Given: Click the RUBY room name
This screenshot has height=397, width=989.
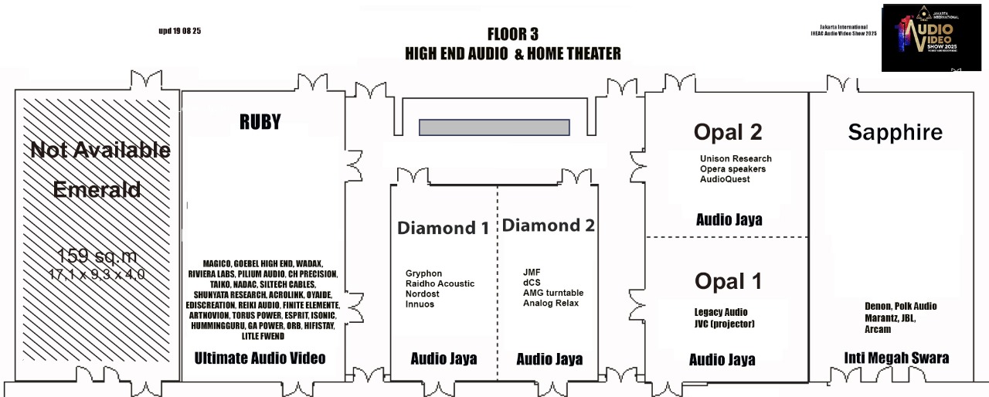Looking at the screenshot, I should pyautogui.click(x=260, y=122).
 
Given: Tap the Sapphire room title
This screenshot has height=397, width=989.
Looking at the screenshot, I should pyautogui.click(x=895, y=132).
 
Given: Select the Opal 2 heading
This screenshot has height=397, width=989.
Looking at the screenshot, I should pyautogui.click(x=728, y=132).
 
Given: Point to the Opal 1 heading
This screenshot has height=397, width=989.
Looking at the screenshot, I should pyautogui.click(x=728, y=281).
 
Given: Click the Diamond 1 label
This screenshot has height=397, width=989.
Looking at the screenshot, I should pyautogui.click(x=443, y=228).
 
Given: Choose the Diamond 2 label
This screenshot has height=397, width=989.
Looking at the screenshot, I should pyautogui.click(x=548, y=226).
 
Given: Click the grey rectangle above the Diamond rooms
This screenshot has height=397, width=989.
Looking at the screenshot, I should pyautogui.click(x=494, y=127).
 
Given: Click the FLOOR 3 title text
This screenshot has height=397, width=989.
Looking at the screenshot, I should pyautogui.click(x=512, y=34).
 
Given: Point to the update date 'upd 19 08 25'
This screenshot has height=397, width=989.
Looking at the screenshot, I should pyautogui.click(x=179, y=31).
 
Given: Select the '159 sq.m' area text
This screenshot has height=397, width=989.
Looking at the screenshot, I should pyautogui.click(x=97, y=256).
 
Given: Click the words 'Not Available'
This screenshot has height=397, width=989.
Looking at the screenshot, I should pyautogui.click(x=100, y=150).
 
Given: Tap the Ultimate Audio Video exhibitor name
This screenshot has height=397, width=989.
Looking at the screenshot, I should pyautogui.click(x=260, y=358).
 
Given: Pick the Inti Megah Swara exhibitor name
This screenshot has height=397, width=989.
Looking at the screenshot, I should pyautogui.click(x=896, y=358).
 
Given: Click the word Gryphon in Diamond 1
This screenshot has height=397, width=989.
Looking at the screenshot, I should pyautogui.click(x=423, y=273).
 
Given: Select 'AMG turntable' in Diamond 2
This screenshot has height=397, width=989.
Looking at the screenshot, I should pyautogui.click(x=552, y=293).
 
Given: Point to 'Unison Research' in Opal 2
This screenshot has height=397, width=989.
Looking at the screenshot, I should pyautogui.click(x=736, y=159).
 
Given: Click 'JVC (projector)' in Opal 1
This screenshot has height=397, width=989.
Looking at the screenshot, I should pyautogui.click(x=724, y=324).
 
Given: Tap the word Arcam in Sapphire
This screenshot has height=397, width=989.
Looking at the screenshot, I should pyautogui.click(x=877, y=329).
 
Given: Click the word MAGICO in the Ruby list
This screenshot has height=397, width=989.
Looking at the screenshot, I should pyautogui.click(x=217, y=263).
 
